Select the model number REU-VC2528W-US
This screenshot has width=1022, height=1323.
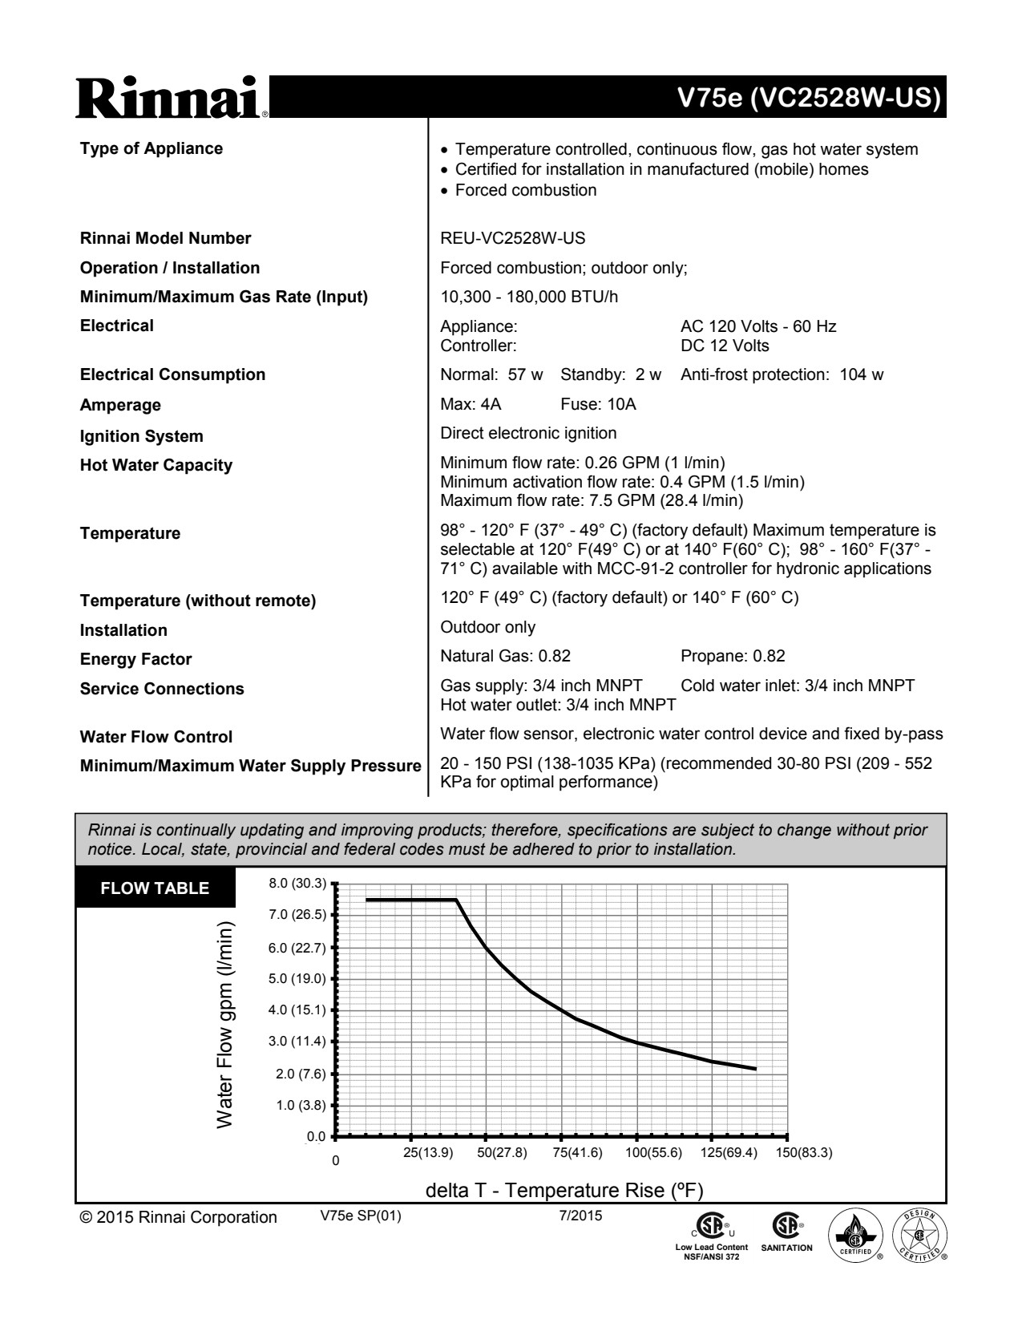click(512, 238)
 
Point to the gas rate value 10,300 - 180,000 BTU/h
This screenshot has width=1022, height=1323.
click(529, 297)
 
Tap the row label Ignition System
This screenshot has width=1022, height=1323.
click(141, 436)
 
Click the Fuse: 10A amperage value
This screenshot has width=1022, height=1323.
click(598, 404)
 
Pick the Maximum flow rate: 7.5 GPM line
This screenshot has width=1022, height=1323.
click(592, 501)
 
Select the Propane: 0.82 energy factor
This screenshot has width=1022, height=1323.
click(733, 656)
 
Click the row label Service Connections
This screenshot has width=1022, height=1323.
click(162, 689)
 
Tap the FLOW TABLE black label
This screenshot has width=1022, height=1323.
click(155, 888)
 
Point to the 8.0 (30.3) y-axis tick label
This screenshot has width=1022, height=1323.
click(297, 884)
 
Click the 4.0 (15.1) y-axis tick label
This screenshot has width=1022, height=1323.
click(297, 1009)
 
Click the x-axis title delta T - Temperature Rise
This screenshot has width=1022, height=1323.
click(564, 1190)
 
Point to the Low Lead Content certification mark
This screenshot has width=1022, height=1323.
click(711, 1237)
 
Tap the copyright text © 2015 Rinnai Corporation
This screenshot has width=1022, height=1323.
click(178, 1217)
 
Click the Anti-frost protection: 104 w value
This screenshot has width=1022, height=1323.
click(782, 374)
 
